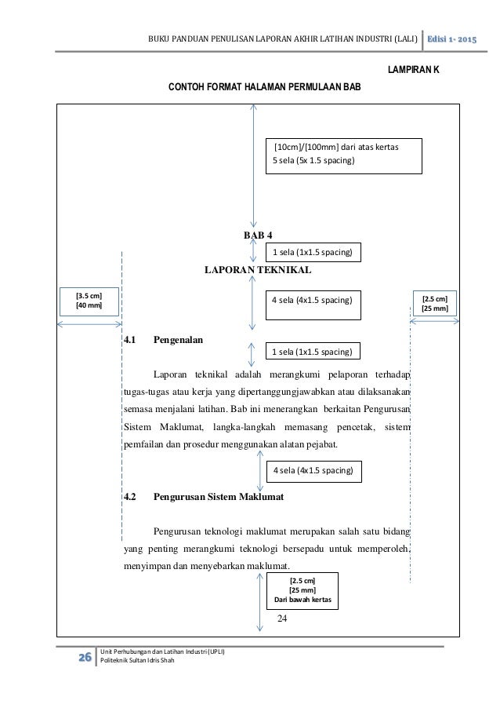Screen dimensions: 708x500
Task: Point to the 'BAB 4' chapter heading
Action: (x=258, y=235)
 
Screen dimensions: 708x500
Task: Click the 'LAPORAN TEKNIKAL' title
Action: (x=258, y=269)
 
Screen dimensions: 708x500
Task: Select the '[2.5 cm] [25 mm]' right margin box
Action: (x=434, y=304)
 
